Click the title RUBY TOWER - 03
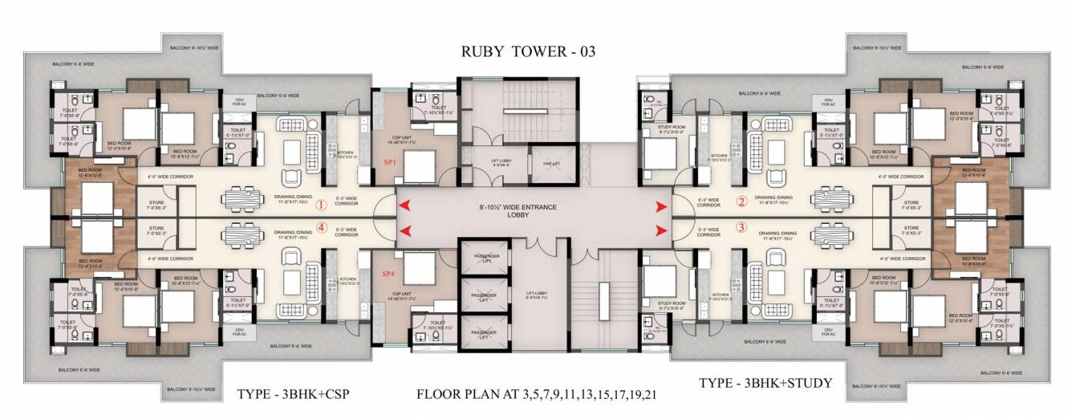coord(528,52)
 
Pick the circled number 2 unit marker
coord(741,201)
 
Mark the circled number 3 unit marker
coord(741,228)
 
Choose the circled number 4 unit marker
coord(322,227)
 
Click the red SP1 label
coord(390,162)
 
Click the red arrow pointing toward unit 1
coord(406,205)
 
